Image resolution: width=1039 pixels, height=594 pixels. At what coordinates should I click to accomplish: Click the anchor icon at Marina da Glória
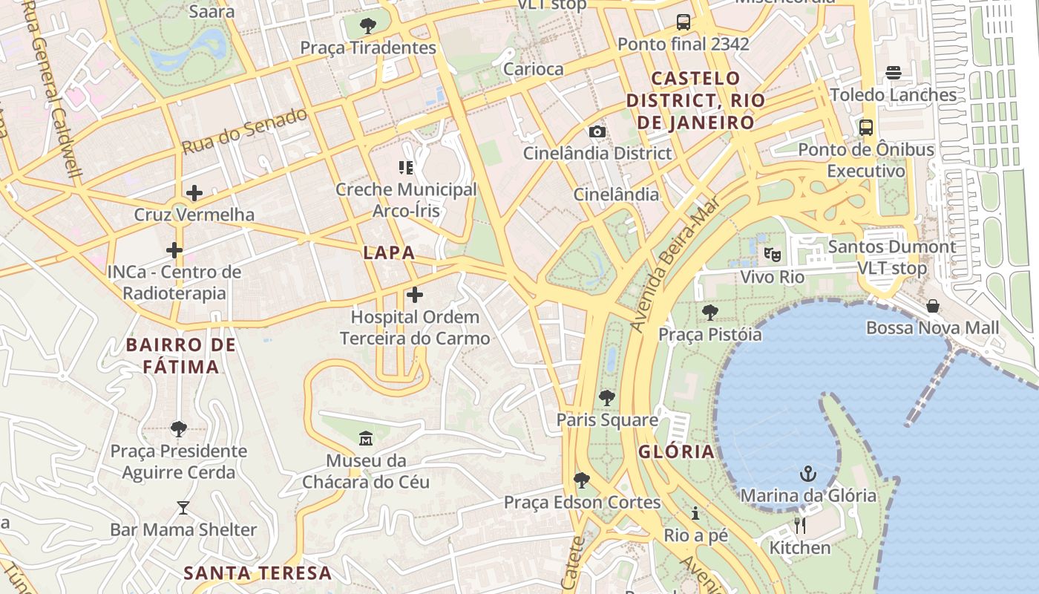807,474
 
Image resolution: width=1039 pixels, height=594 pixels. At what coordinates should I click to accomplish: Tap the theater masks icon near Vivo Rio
772,255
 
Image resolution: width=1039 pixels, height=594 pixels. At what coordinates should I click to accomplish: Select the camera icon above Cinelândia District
597,131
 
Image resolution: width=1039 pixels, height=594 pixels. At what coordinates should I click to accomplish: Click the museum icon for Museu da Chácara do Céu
365,439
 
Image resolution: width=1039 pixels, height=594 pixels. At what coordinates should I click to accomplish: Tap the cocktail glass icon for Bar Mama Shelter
183,508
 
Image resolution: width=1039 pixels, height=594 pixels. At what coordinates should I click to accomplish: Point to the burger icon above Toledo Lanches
893,73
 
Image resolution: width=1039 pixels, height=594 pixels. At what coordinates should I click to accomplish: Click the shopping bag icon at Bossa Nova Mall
933,306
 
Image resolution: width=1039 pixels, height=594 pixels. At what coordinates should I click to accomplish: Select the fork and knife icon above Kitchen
799,526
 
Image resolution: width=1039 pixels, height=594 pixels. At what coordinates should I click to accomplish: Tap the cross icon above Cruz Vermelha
194,193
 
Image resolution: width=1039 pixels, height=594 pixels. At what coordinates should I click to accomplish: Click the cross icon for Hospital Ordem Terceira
415,295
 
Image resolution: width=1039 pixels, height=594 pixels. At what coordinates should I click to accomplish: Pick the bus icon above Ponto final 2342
684,22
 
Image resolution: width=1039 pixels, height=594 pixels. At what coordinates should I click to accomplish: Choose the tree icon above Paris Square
607,398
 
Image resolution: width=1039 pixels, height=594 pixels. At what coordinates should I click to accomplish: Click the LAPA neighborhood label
389,252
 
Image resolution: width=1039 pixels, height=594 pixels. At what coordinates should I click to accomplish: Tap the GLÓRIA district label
676,451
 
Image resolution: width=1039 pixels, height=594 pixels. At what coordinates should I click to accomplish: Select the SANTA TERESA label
258,572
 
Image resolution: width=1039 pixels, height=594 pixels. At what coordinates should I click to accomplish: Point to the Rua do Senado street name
245,131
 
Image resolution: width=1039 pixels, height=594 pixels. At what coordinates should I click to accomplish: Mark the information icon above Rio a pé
695,513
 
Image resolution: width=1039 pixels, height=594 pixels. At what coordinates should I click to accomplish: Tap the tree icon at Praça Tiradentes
367,26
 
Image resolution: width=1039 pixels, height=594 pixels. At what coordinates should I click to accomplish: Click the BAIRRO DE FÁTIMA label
180,356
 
